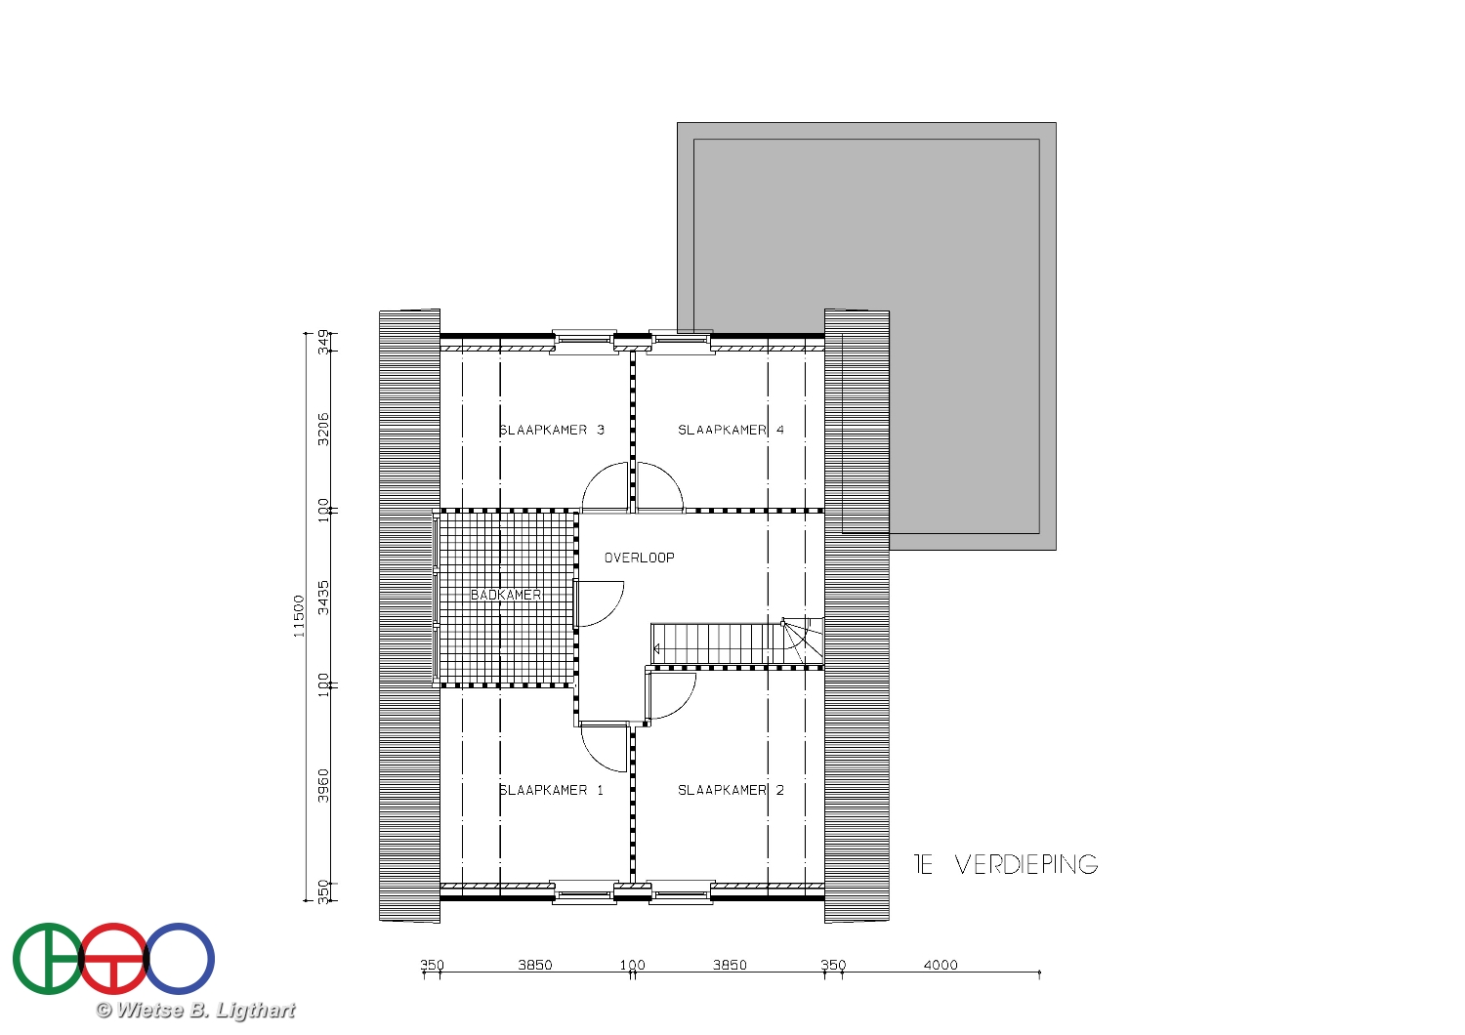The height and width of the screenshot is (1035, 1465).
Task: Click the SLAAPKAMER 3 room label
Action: pos(552,430)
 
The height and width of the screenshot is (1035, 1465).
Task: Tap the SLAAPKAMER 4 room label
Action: pos(731,430)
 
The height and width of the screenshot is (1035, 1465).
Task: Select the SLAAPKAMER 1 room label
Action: pos(552,790)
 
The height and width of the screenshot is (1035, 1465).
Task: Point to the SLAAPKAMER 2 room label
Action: pos(731,790)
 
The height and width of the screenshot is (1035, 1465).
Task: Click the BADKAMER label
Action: pos(506,595)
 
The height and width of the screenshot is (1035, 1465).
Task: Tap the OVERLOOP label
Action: pos(639,558)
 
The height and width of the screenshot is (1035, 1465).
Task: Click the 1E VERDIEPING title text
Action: pos(1006,864)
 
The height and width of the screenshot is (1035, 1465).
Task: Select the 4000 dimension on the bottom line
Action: pos(941,965)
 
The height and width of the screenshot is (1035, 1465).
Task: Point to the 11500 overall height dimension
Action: pos(299,616)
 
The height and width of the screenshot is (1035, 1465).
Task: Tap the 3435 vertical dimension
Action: pos(323,598)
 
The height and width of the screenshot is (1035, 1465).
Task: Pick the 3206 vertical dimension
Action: pos(323,429)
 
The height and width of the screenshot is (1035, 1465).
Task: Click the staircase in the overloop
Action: pos(737,644)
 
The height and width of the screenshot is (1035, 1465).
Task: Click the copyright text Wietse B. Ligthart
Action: pos(195,1011)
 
